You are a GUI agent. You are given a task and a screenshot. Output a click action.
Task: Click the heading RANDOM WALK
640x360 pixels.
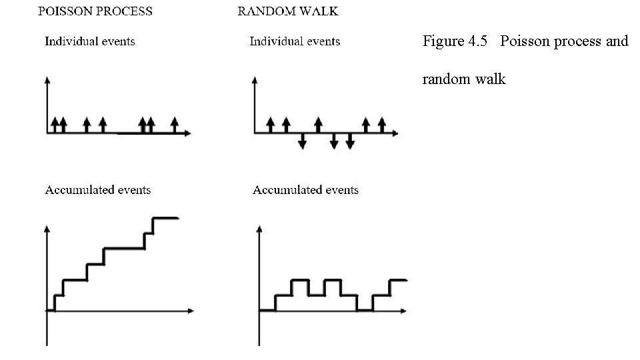[x=288, y=11]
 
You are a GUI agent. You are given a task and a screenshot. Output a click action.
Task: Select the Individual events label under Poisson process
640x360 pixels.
[x=90, y=41]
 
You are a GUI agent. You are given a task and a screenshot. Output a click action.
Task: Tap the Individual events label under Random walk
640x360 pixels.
[x=295, y=41]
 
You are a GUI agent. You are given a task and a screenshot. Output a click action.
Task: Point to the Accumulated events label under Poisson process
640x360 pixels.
[x=98, y=190]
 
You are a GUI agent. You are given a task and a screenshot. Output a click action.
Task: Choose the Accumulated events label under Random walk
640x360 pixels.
[x=305, y=190]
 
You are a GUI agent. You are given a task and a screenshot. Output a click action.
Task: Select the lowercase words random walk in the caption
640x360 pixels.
[x=464, y=79]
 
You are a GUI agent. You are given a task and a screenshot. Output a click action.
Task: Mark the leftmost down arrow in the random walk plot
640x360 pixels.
[x=302, y=141]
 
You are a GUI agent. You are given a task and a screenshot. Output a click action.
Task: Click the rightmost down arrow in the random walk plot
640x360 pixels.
[x=350, y=141]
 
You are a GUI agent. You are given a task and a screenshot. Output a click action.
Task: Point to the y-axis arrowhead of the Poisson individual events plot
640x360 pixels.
[x=47, y=81]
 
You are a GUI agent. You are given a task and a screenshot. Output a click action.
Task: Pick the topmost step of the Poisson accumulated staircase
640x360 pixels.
[x=165, y=217]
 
